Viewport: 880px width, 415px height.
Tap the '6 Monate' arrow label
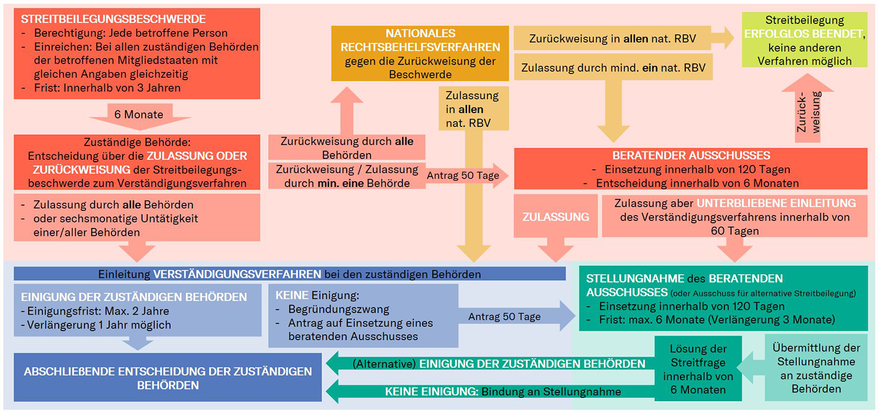pyautogui.click(x=139, y=115)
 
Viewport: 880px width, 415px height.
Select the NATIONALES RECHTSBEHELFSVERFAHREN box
pyautogui.click(x=420, y=53)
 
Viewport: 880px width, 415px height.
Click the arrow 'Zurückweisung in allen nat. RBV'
pyautogui.click(x=612, y=39)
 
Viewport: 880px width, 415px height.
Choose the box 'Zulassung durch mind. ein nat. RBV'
pyautogui.click(x=612, y=68)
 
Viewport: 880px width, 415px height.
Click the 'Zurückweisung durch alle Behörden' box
pyautogui.click(x=347, y=148)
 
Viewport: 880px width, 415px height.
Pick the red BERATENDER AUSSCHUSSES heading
pyautogui.click(x=691, y=156)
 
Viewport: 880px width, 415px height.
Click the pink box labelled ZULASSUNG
pyautogui.click(x=555, y=216)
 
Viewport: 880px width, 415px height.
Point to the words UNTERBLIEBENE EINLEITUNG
pyautogui.click(x=776, y=203)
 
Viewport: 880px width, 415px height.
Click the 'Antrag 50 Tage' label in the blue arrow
pyautogui.click(x=504, y=317)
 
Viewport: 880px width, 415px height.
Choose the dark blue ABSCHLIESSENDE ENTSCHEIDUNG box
pyautogui.click(x=168, y=377)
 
